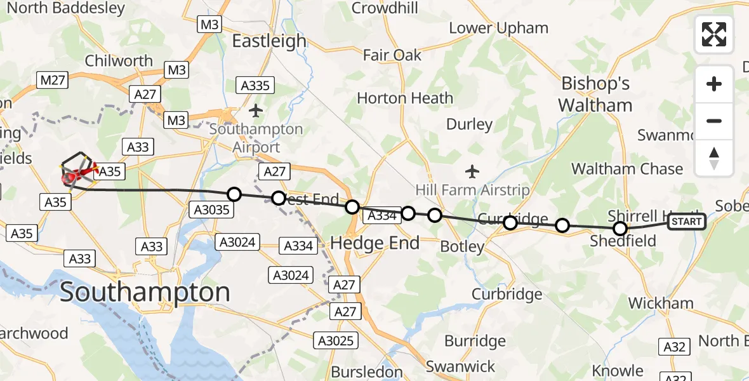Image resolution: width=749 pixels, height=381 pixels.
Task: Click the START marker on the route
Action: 686,222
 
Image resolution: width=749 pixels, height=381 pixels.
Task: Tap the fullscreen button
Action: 714,34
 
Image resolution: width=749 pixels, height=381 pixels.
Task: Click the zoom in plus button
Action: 714,84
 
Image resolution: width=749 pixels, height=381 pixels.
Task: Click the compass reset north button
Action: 714,158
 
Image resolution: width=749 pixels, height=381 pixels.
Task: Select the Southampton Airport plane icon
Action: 256,111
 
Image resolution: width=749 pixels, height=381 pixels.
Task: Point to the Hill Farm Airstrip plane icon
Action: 472,171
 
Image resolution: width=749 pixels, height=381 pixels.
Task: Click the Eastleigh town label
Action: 269,41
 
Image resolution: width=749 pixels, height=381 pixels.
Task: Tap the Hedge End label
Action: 375,243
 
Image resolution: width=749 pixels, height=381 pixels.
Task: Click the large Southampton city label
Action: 145,293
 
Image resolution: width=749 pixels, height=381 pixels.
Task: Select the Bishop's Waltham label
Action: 597,95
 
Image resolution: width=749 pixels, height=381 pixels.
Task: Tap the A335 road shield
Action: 255,85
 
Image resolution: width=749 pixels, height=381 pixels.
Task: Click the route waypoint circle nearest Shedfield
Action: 620,229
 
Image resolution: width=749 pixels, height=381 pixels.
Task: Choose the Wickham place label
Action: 660,304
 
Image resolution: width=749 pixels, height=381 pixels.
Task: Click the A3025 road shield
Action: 336,341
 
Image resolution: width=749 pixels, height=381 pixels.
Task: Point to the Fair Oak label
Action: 392,55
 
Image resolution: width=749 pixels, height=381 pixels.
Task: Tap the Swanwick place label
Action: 460,366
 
